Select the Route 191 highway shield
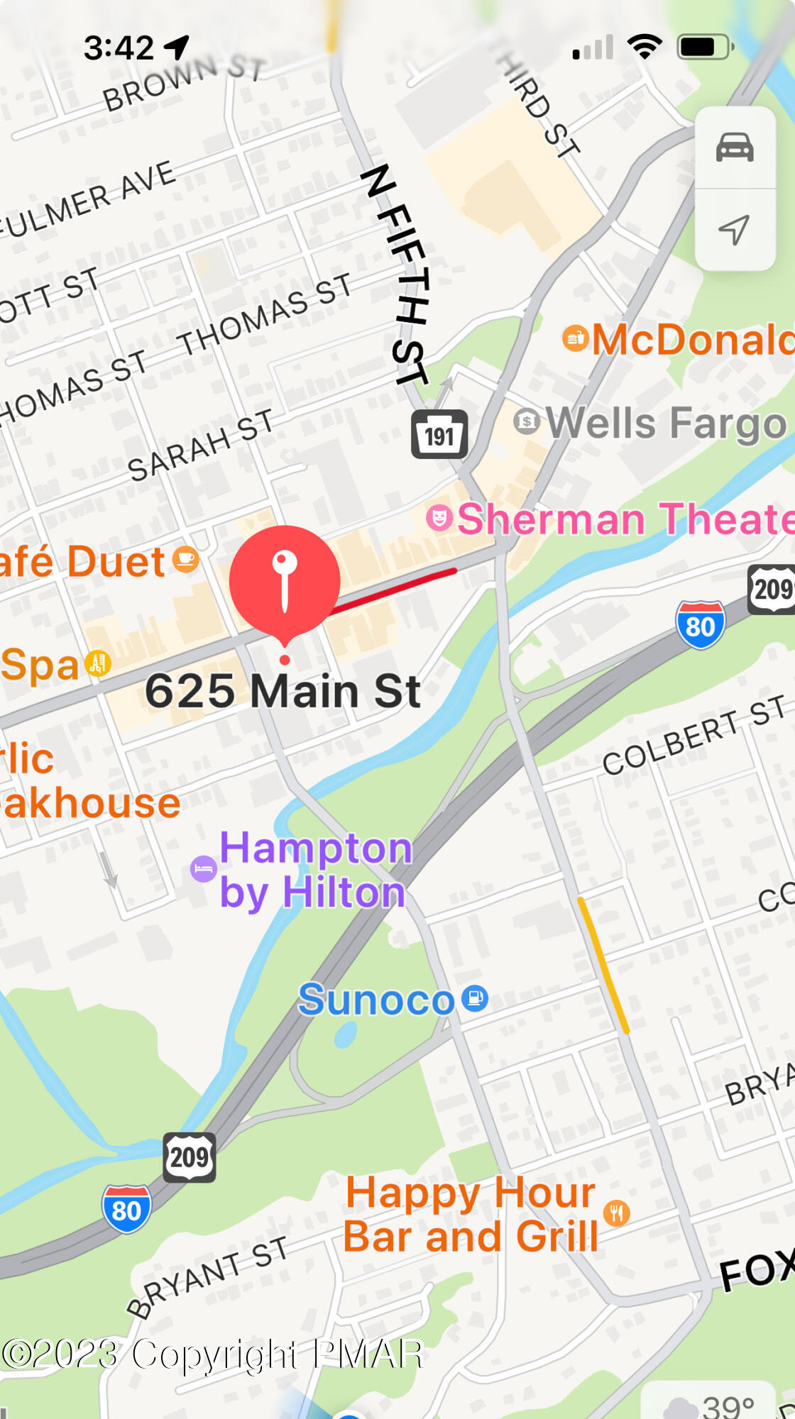click(439, 435)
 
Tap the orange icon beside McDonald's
click(576, 338)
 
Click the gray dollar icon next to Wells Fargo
click(526, 421)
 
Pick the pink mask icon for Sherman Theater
click(439, 517)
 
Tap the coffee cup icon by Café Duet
click(185, 559)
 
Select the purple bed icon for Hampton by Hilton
click(204, 868)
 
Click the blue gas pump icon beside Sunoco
click(475, 998)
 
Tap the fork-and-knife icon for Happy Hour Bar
click(616, 1213)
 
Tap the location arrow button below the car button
click(735, 229)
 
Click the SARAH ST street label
click(200, 445)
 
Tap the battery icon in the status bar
click(705, 48)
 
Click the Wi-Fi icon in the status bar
click(644, 47)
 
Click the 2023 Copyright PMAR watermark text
click(213, 1354)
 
